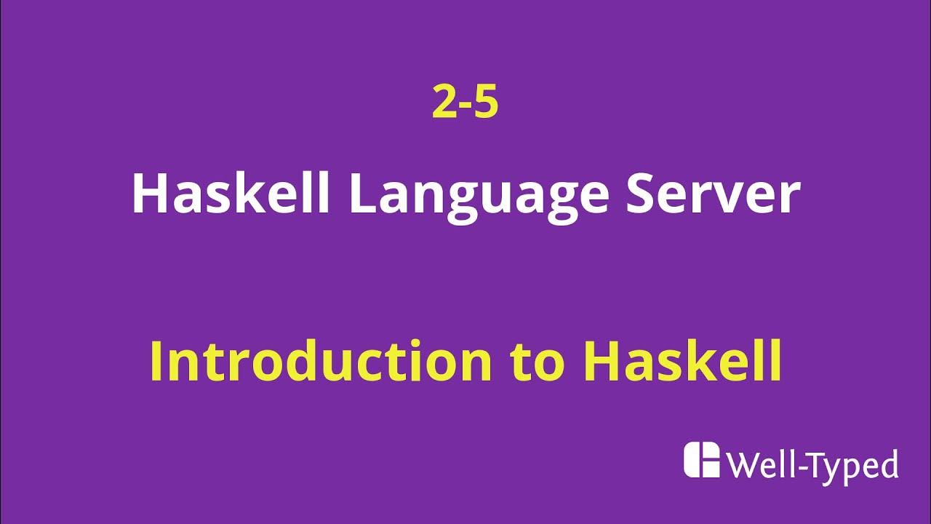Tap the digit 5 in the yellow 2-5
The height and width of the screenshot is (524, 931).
[x=487, y=103]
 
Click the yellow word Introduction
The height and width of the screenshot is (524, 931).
[x=321, y=362]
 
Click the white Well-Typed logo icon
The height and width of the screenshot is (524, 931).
[x=701, y=460]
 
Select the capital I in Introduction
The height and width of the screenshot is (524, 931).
[x=156, y=362]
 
